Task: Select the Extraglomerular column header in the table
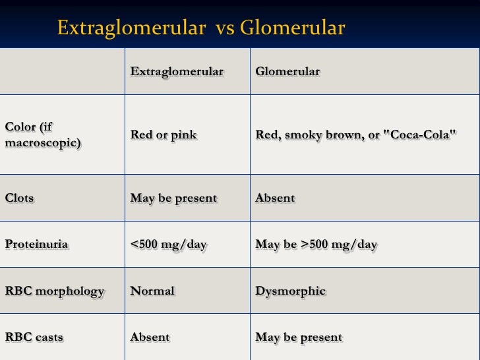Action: click(177, 72)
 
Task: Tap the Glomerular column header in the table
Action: click(287, 72)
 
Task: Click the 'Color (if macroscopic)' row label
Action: click(43, 135)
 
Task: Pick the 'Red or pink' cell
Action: click(164, 135)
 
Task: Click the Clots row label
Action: click(20, 198)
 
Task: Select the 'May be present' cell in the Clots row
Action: click(173, 198)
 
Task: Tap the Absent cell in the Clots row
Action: click(275, 198)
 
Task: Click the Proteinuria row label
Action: click(36, 245)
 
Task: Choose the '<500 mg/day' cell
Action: click(168, 245)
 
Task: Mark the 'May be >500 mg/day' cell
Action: click(316, 245)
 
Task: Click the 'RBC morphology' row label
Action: click(55, 291)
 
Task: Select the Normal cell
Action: click(152, 291)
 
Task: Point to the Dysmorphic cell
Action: click(290, 291)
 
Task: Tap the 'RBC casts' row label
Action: click(34, 338)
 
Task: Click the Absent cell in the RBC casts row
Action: click(150, 338)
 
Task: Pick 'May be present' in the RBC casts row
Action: click(299, 338)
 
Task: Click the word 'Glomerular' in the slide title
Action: click(292, 28)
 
